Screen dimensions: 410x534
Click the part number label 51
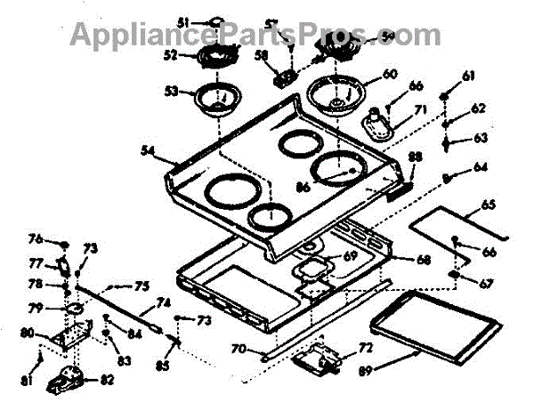[183, 21]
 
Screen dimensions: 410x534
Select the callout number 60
[388, 76]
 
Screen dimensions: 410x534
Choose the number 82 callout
[107, 380]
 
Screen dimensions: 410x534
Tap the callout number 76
[59, 237]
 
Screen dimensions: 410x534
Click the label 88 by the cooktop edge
[415, 157]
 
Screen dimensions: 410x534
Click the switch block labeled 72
[321, 358]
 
